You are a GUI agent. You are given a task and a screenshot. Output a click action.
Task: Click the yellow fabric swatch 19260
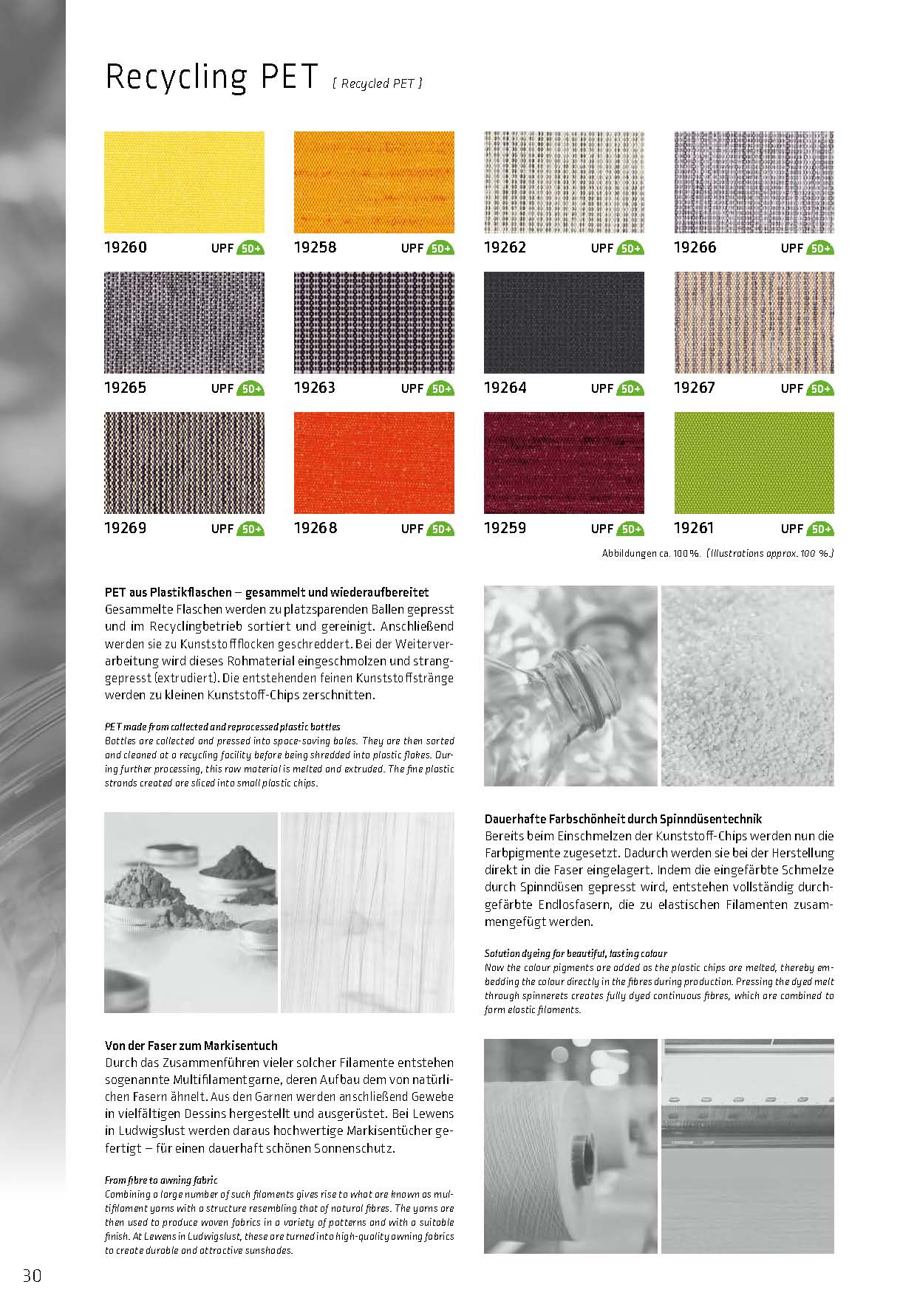[184, 182]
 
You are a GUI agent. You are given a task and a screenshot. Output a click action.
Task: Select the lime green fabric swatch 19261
[754, 463]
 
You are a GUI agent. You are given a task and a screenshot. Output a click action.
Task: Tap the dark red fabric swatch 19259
[564, 463]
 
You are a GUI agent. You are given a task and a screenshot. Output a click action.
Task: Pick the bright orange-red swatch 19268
[374, 463]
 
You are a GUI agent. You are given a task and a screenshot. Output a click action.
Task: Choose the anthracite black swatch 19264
[564, 323]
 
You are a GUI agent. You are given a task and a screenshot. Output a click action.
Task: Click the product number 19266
[695, 247]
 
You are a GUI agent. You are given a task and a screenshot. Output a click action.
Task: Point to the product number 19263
[315, 388]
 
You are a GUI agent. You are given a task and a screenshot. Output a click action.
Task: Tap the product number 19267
[695, 388]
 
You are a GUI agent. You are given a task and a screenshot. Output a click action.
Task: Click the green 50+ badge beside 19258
[440, 248]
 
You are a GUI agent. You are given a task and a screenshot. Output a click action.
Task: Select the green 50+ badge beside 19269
[250, 529]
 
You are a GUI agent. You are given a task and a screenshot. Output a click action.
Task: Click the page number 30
[32, 1275]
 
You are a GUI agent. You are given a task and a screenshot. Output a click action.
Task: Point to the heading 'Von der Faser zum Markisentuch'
[191, 1046]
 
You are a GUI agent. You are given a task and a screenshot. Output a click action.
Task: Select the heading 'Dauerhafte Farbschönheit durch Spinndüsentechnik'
[623, 819]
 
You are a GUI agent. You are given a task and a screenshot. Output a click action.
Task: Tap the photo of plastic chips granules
[747, 686]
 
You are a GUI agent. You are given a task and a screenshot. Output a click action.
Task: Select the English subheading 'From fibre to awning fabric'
[161, 1181]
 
